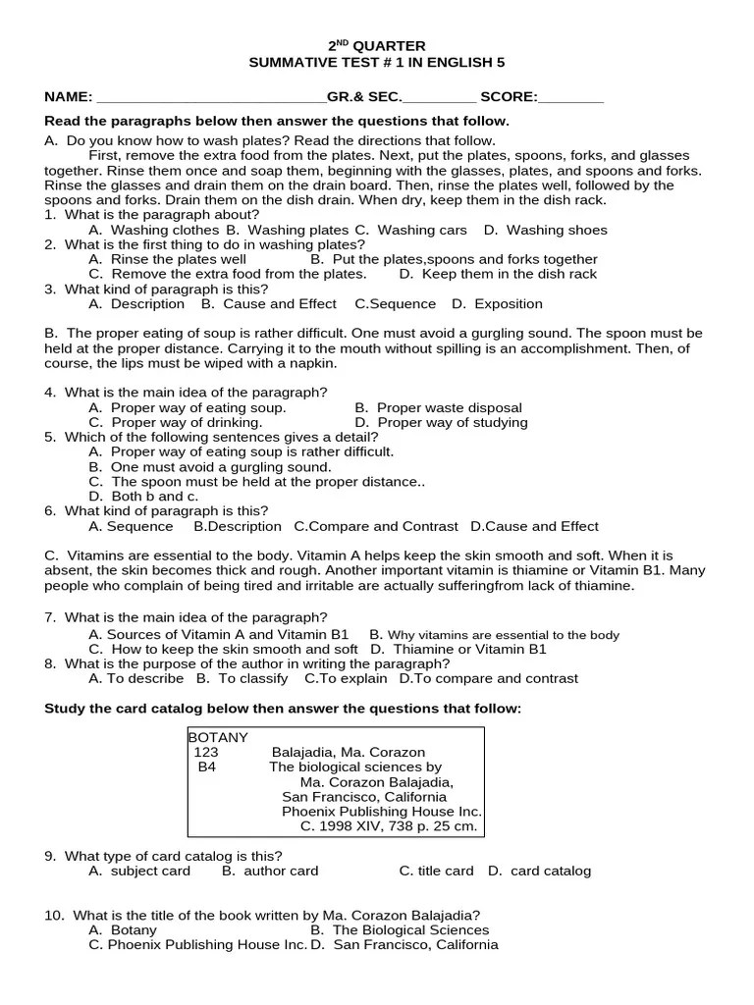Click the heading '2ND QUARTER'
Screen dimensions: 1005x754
376,46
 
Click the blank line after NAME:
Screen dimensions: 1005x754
211,98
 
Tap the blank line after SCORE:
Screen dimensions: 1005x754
571,98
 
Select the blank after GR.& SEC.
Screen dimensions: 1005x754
439,98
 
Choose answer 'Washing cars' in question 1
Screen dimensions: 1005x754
422,230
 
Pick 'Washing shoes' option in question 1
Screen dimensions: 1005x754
556,230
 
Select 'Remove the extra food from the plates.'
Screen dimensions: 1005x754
239,274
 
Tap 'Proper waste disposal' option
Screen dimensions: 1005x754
449,407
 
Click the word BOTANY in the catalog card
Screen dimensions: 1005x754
218,737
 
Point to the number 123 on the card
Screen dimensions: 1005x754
206,753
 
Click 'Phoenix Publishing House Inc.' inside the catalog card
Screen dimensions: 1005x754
382,812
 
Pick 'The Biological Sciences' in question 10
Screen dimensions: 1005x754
410,929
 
